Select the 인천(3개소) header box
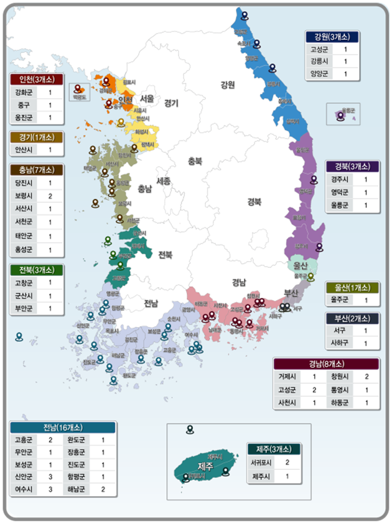pyautogui.click(x=37, y=80)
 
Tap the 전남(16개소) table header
pyautogui.click(x=62, y=428)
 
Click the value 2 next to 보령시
pyautogui.click(x=50, y=196)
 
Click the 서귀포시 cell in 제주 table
pyautogui.click(x=260, y=462)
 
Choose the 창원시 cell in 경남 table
pyautogui.click(x=340, y=377)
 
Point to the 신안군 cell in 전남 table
pyautogui.click(x=23, y=477)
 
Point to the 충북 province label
pyautogui.click(x=195, y=160)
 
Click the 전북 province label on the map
pyautogui.click(x=166, y=255)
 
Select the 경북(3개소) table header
pyautogui.click(x=352, y=167)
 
